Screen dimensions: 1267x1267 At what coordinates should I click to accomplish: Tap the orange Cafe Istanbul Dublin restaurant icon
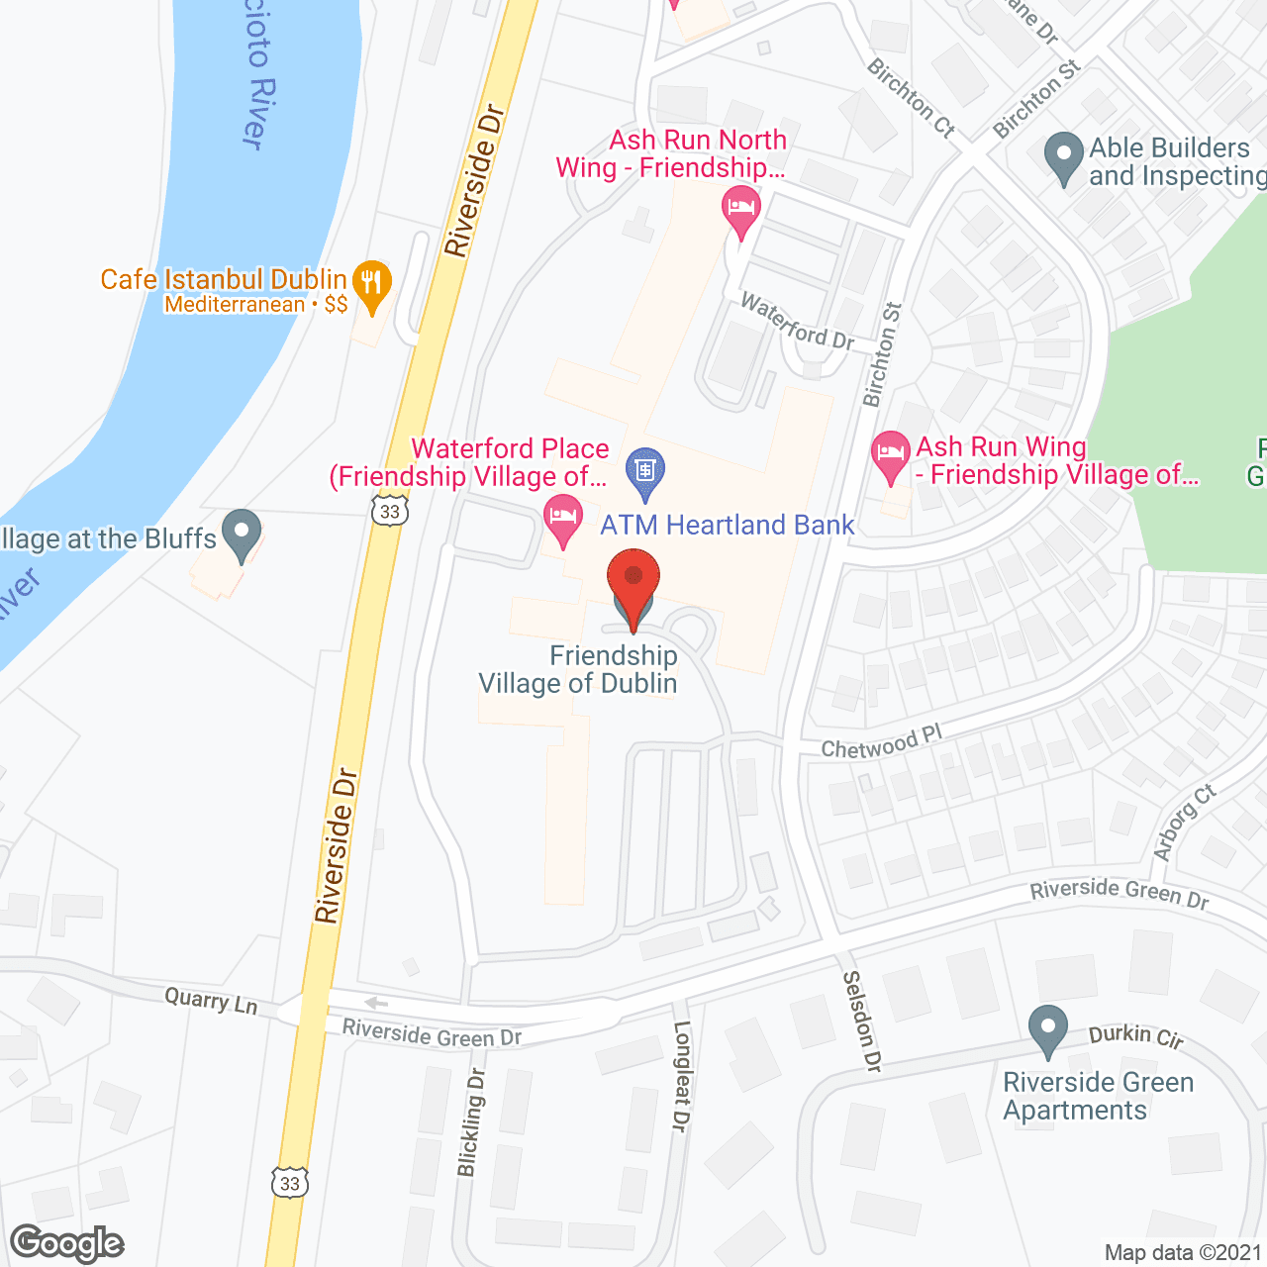371,284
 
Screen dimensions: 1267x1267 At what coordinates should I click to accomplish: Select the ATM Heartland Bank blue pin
645,472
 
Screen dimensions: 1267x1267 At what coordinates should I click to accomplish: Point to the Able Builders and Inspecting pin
1064,157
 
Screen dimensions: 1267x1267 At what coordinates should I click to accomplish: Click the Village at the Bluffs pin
241,535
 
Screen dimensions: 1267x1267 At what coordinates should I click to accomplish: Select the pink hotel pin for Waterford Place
563,521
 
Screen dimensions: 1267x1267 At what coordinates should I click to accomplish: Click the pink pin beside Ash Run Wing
891,456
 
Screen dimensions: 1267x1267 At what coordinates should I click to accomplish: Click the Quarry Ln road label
211,1001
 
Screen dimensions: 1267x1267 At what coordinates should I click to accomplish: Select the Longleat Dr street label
682,1076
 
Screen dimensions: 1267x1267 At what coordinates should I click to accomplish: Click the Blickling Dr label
472,1122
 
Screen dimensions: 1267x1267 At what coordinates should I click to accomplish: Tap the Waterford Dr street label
797,322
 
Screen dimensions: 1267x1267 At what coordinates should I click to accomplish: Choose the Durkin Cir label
1135,1035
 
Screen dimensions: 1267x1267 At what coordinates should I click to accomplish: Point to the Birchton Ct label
911,98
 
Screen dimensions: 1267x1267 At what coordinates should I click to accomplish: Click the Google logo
67,1243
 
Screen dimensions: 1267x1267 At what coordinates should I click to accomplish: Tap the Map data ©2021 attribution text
1183,1253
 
